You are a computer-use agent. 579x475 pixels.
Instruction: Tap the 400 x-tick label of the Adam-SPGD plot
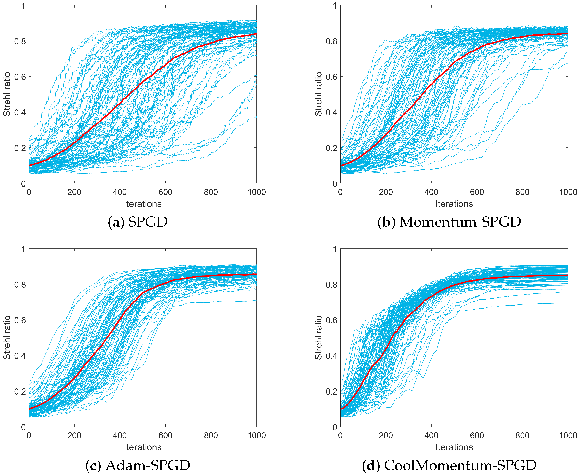click(120, 435)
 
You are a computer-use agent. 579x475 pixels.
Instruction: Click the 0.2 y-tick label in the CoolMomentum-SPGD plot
click(331, 391)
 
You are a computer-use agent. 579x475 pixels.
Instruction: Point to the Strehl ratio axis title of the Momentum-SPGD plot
click(318, 94)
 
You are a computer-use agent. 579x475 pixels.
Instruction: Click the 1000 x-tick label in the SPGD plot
click(256, 192)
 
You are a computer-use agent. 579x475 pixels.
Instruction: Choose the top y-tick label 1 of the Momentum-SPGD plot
click(335, 6)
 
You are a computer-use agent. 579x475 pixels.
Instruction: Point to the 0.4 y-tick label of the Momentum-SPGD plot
click(331, 112)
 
